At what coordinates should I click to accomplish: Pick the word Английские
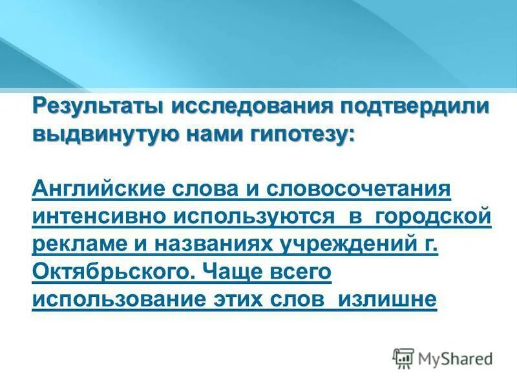(98, 191)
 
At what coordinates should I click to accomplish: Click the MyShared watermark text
(455, 358)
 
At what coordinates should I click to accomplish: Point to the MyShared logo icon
(404, 358)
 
